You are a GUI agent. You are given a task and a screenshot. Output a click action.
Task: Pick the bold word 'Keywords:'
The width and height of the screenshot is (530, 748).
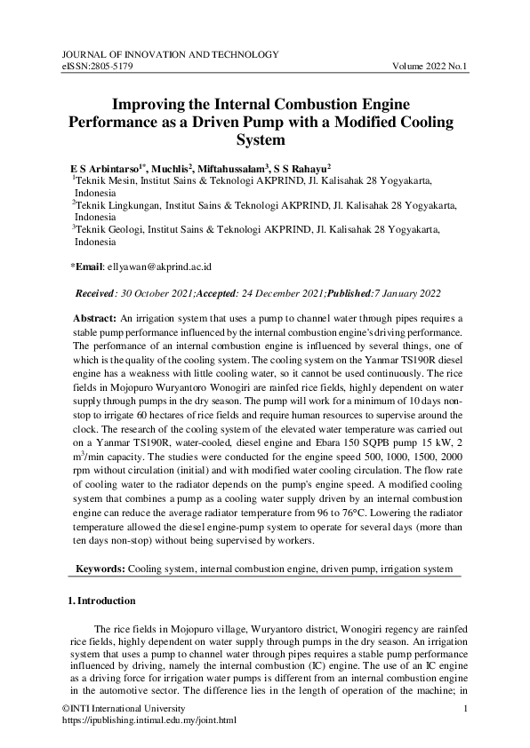click(x=100, y=567)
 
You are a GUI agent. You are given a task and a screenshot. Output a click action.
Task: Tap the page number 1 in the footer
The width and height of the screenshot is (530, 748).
click(x=466, y=707)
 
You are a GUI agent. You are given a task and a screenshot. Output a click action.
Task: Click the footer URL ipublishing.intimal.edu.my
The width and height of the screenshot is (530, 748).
click(x=149, y=720)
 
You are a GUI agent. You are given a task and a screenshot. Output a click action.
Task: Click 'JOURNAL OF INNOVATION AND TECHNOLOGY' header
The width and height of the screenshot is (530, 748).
click(x=171, y=54)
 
